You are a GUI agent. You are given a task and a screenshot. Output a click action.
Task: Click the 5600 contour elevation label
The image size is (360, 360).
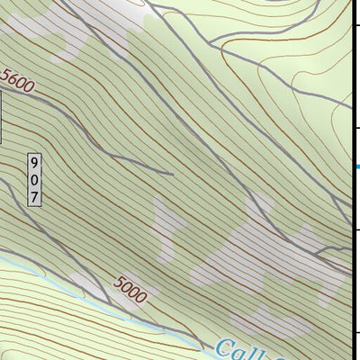[x=17, y=83]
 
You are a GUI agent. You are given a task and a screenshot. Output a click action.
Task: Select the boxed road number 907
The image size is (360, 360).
[x=34, y=179]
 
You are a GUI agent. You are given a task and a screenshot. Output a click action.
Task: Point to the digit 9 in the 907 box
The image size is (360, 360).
[x=34, y=164]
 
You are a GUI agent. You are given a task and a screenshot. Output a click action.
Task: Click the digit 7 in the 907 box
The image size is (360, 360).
[x=34, y=195]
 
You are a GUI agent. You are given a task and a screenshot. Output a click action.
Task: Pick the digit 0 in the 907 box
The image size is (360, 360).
[x=34, y=179]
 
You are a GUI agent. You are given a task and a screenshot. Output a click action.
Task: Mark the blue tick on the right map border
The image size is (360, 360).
[x=356, y=167]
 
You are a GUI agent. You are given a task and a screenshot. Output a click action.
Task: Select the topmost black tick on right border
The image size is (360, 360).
[x=356, y=27]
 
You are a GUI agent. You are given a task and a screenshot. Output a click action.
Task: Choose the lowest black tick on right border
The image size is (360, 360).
[x=356, y=332]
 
